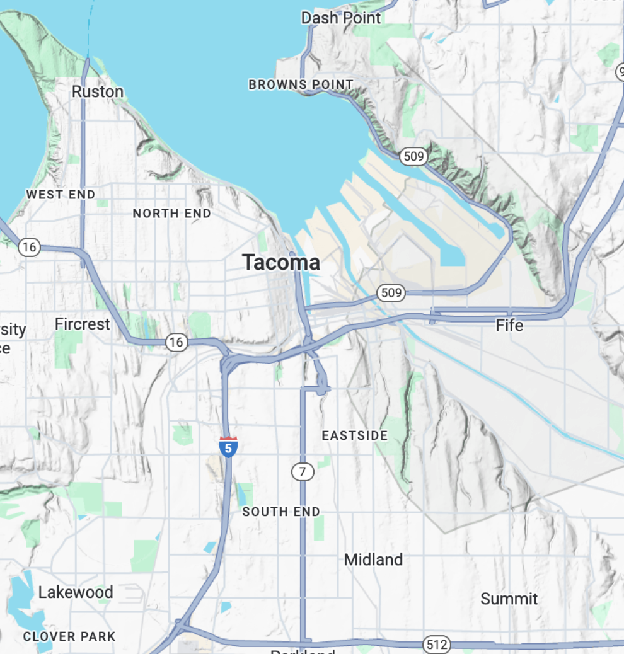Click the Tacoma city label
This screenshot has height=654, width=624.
(x=281, y=263)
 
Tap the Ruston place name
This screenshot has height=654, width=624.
(x=97, y=92)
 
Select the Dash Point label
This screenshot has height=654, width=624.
(x=340, y=18)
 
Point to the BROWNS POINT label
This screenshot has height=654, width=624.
(x=301, y=84)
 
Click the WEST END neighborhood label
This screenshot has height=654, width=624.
(x=61, y=195)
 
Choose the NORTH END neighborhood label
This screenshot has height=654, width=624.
(x=171, y=214)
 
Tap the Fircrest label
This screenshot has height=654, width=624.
(x=82, y=324)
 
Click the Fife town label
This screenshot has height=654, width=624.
(x=509, y=326)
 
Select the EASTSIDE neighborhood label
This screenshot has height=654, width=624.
(x=355, y=436)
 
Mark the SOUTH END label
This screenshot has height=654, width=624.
(x=281, y=512)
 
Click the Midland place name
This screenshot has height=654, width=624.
(x=373, y=559)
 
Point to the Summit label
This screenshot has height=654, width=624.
(x=509, y=599)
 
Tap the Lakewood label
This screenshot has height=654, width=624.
(x=76, y=592)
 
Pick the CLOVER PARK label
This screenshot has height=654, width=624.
(x=69, y=636)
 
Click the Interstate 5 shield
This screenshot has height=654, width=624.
(x=228, y=446)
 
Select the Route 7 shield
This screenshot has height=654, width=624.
(x=303, y=471)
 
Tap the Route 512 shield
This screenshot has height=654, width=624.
(x=436, y=645)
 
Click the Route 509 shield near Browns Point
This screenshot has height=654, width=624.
(x=413, y=156)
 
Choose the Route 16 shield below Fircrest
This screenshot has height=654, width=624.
(x=176, y=342)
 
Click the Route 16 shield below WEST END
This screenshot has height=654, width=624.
(x=29, y=247)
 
